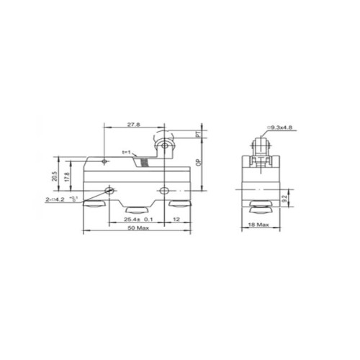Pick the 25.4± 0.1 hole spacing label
(x=138, y=218)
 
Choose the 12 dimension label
(x=176, y=218)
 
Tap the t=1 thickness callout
(x=130, y=152)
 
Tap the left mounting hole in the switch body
(x=110, y=191)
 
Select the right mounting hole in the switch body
(x=165, y=191)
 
